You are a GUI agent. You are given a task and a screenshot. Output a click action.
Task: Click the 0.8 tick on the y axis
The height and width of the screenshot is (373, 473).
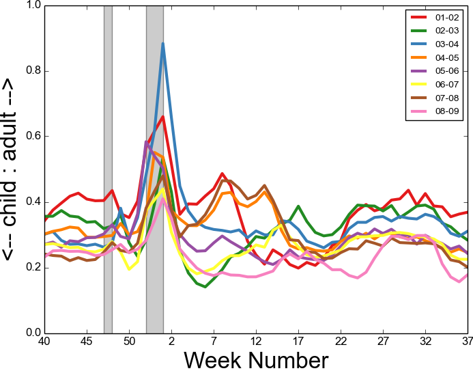click(x=33, y=71)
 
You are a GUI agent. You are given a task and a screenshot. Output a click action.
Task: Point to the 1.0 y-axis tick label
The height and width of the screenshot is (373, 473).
click(x=33, y=5)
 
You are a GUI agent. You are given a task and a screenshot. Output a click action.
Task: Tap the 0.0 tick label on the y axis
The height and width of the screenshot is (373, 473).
click(x=33, y=333)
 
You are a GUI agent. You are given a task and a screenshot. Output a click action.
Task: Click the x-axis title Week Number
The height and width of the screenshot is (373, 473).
click(x=256, y=359)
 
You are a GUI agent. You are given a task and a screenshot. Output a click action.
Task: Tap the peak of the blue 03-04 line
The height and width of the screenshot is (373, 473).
click(x=162, y=44)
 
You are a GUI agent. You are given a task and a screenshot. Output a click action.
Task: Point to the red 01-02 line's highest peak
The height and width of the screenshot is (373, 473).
click(x=162, y=117)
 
